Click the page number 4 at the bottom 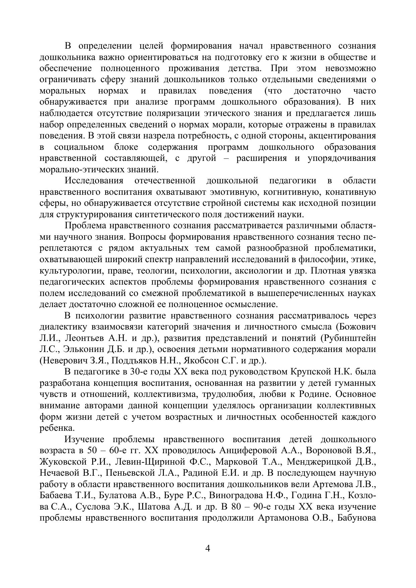[207, 549]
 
